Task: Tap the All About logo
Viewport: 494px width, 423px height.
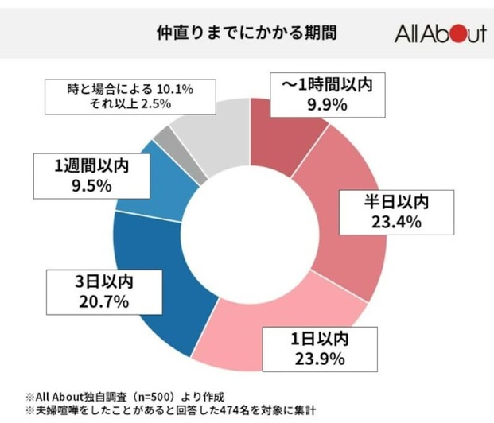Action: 440,35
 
